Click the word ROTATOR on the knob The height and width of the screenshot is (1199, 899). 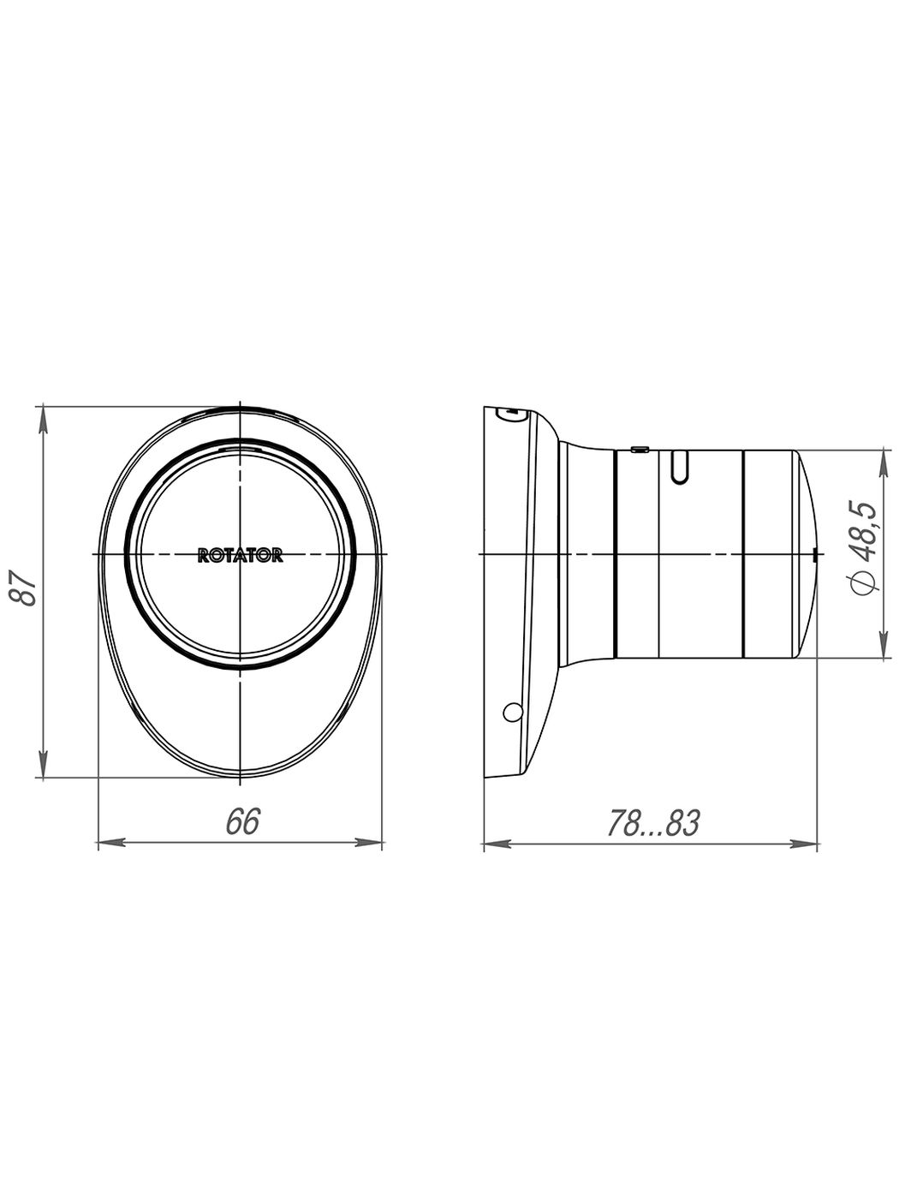click(x=241, y=556)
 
